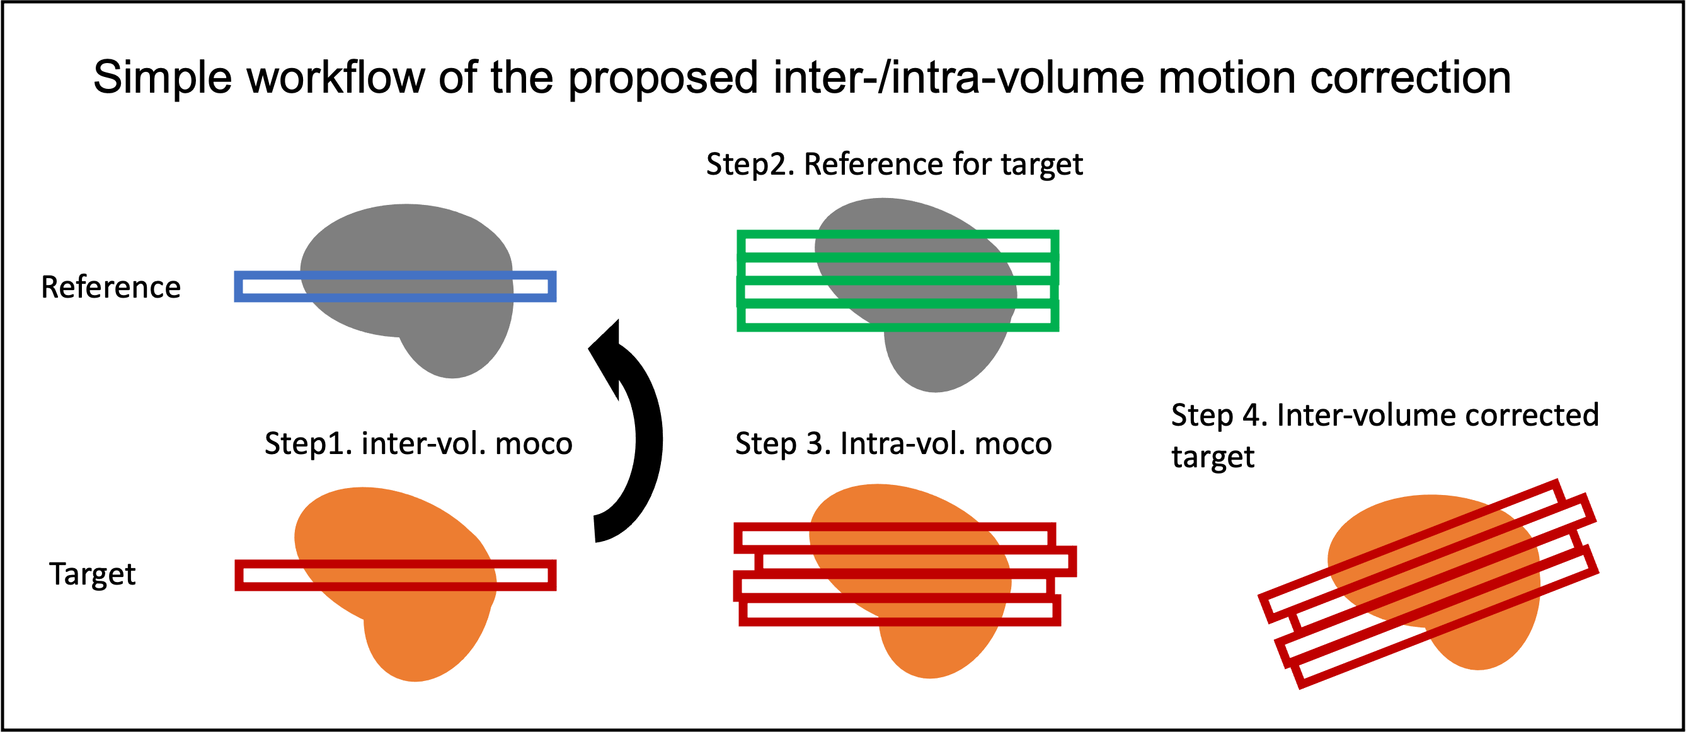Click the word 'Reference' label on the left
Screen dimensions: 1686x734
click(111, 288)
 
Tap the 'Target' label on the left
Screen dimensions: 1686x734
click(92, 574)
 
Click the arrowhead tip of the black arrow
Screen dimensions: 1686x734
click(618, 320)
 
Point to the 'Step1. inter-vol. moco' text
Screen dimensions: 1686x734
click(419, 443)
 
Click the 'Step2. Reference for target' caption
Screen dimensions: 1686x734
click(894, 165)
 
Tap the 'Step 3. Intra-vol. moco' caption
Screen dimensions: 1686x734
click(893, 443)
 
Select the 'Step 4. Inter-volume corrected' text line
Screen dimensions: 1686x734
click(1385, 415)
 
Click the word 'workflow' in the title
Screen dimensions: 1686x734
click(336, 78)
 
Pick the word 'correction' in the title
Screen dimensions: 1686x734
click(1411, 78)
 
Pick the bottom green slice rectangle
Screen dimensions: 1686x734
click(897, 327)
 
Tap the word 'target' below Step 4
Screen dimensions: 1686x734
click(1213, 457)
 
